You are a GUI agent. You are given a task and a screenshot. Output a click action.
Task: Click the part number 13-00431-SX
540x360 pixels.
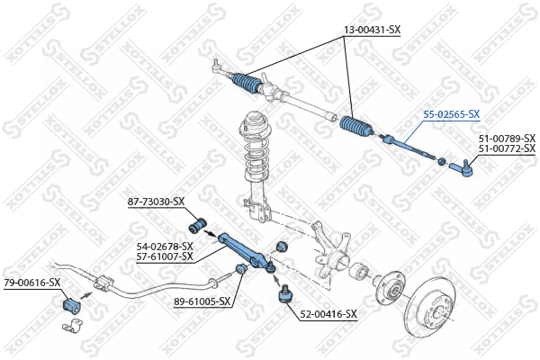(373, 30)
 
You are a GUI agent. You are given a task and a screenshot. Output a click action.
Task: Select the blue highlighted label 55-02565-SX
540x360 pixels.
(452, 114)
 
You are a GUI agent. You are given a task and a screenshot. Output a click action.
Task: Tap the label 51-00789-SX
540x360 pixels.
(507, 139)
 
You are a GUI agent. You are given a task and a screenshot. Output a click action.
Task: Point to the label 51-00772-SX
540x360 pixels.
(507, 148)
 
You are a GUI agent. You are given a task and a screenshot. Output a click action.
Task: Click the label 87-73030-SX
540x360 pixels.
(156, 202)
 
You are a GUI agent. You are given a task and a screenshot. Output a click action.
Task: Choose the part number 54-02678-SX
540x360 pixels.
(165, 247)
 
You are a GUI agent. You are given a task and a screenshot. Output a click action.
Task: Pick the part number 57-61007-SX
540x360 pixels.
(165, 256)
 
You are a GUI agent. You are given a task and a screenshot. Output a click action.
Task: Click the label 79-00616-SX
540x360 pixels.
(32, 283)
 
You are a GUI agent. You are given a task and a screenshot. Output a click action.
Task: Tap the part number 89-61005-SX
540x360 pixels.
(202, 301)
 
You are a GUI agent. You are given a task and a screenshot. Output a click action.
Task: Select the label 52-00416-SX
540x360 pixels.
(328, 314)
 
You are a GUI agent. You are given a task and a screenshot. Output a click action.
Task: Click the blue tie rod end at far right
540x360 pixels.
(461, 168)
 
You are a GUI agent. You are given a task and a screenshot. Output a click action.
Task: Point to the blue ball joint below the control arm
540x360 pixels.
(284, 294)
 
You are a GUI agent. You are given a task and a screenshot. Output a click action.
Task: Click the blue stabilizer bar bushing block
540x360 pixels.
(71, 305)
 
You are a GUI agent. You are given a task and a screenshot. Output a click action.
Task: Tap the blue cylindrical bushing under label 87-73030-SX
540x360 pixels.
(198, 225)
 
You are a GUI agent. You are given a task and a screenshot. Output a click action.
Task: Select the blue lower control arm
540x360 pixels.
(247, 251)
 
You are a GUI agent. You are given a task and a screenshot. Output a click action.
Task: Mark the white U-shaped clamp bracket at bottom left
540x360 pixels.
(73, 326)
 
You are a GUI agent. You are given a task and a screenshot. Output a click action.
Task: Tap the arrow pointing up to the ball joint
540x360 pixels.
(276, 279)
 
